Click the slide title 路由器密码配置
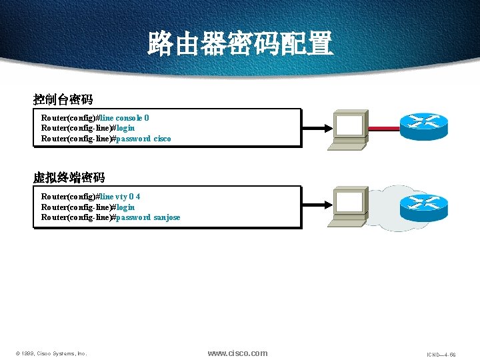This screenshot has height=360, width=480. (240, 44)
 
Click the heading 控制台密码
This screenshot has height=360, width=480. (63, 99)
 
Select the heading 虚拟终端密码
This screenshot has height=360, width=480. (69, 177)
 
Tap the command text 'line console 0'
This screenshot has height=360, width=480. (125, 118)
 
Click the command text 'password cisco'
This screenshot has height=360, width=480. (143, 139)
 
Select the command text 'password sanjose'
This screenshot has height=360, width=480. (148, 217)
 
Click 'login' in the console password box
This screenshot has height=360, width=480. (125, 128)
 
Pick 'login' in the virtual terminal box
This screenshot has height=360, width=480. (125, 207)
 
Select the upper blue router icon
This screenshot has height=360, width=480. (424, 125)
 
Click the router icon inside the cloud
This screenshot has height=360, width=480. (424, 207)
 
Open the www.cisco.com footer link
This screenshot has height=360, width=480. (237, 353)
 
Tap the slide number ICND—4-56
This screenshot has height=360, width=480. (441, 355)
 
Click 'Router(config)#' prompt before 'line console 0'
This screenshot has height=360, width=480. (69, 118)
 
